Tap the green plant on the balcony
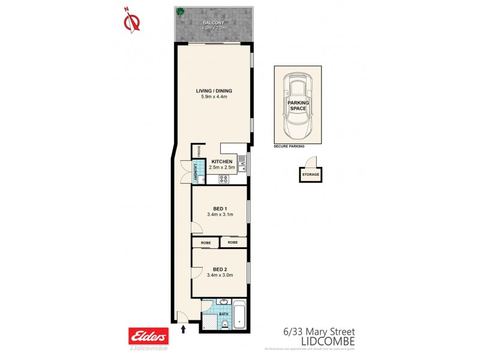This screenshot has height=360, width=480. coord(179,11)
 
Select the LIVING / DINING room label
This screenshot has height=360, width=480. coord(214,91)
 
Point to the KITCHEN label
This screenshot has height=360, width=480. coord(221,163)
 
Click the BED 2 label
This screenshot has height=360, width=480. coord(219,269)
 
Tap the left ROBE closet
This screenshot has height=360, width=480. coord(205,242)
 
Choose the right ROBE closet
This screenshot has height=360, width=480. coord(233,242)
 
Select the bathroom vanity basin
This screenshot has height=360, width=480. coord(223,302)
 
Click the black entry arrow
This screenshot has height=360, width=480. coord(183,328)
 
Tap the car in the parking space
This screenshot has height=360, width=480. coord(298,105)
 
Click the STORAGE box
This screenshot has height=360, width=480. coord(310,175)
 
